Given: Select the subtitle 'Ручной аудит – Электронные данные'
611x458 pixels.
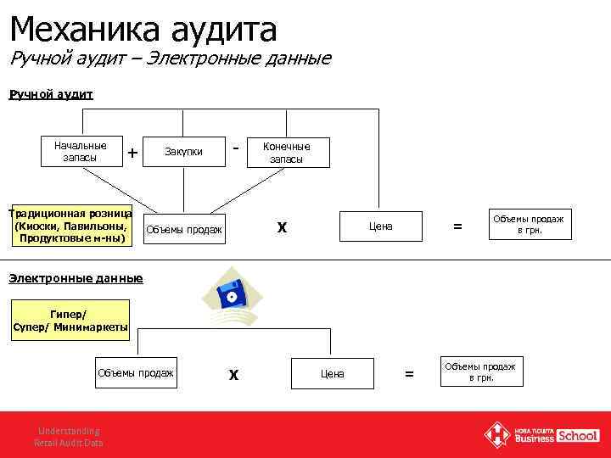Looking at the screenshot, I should point(170,59).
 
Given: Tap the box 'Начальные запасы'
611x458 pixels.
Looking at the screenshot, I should point(81,151).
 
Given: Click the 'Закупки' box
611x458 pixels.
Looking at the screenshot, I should point(183,152).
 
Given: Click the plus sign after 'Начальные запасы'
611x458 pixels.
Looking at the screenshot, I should point(132,153).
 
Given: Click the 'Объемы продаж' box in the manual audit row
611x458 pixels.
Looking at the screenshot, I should point(184,229).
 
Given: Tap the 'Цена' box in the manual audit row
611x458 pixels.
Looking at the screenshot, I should point(380,226).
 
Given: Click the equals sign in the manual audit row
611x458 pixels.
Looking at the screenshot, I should point(458,226).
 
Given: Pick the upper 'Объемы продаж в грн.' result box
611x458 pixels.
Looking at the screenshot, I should point(528,225).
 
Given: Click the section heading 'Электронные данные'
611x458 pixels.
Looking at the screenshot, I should point(76,278).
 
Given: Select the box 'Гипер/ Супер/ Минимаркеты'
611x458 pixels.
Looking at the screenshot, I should point(70,321).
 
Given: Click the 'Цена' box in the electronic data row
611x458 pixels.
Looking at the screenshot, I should point(333,373).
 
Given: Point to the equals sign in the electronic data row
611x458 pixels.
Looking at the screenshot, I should point(410,373).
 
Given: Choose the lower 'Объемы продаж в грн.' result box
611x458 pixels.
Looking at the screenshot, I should point(480,371).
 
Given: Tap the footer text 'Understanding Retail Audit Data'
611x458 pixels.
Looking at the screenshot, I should point(67,436).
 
